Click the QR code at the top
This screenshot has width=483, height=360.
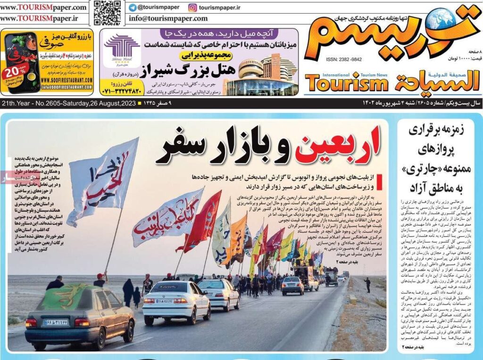tap(107, 13)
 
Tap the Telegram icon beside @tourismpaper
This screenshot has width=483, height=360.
tap(133, 8)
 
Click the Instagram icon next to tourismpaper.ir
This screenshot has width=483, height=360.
tap(192, 8)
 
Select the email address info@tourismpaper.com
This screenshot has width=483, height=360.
tap(168, 19)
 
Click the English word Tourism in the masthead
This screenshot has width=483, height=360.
tap(347, 84)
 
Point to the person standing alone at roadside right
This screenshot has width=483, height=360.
tap(367, 285)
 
